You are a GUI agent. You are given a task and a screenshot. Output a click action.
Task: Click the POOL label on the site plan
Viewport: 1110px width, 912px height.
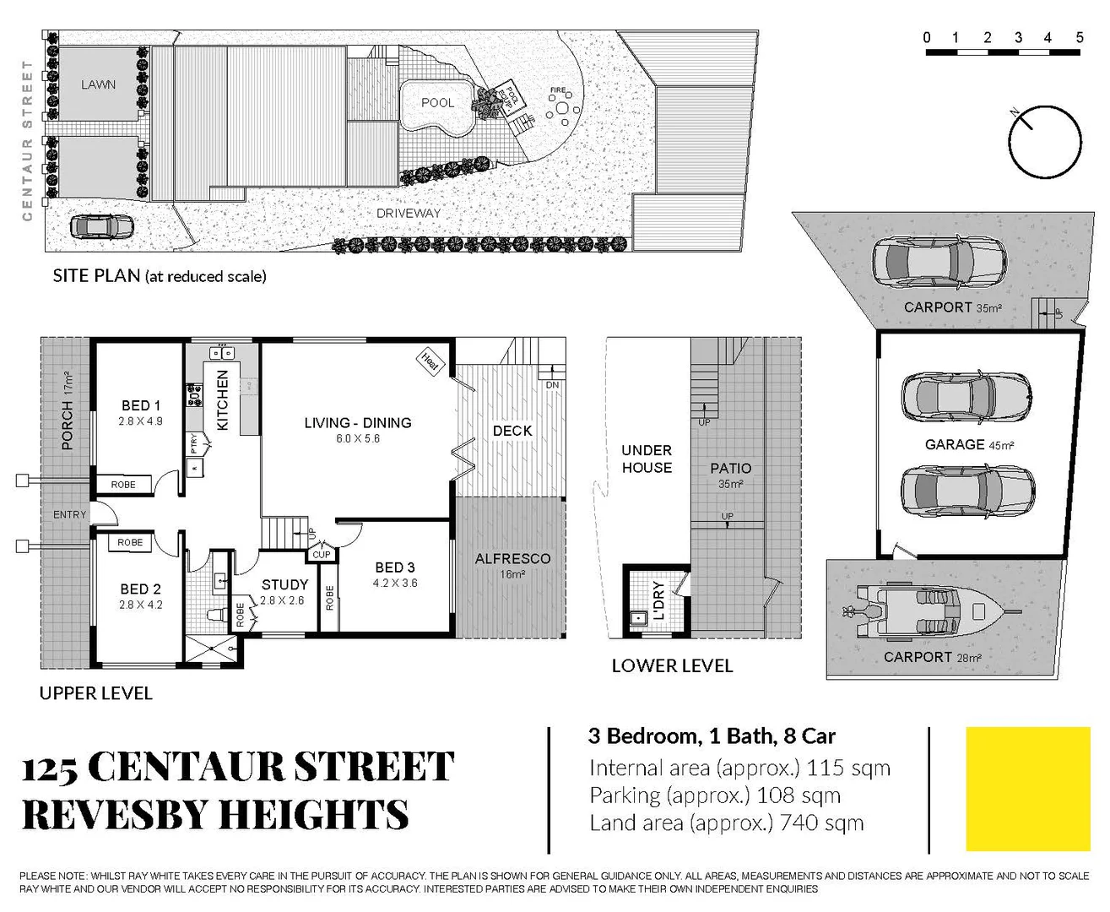[x=437, y=103]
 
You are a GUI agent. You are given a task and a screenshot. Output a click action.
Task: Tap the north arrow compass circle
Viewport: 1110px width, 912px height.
[x=1045, y=142]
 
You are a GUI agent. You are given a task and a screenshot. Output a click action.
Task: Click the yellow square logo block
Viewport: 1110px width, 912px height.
[x=1028, y=789]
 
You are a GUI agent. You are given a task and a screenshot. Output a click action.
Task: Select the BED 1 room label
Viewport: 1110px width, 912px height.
[x=140, y=406]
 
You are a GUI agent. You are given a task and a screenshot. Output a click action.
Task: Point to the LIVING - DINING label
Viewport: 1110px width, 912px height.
[x=358, y=423]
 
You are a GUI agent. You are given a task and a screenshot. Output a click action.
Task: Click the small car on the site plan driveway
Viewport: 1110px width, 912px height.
[x=102, y=227]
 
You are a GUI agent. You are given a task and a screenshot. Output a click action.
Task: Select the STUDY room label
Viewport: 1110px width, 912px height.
[x=284, y=584]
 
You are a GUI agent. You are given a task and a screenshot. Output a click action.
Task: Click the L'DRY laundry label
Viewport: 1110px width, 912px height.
[x=659, y=600]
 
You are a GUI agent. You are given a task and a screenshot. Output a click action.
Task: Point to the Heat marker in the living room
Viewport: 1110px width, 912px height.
[x=430, y=361]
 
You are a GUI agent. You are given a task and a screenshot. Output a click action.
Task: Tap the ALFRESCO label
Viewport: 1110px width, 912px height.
[x=512, y=559]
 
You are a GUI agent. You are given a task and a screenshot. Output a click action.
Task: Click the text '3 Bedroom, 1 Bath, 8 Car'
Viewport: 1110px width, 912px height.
[x=712, y=736]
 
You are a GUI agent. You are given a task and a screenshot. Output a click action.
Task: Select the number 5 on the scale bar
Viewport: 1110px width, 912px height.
[x=1079, y=37]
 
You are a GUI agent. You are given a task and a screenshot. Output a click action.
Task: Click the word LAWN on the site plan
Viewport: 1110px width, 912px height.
[x=99, y=84]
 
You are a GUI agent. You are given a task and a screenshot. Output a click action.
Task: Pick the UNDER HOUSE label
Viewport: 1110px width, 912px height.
[x=647, y=459]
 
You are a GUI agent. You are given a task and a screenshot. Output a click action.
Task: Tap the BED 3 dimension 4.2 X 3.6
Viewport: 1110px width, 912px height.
[x=395, y=584]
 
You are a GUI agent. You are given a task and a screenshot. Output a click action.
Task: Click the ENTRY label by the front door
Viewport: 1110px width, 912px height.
[x=69, y=514]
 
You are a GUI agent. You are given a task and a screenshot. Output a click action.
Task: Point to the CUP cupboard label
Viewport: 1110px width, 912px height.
[x=322, y=555]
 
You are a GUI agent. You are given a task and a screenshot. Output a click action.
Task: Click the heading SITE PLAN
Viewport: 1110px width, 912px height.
[x=96, y=276]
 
